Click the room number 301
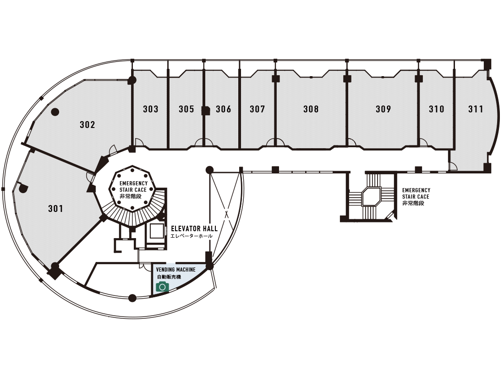[x=55, y=209]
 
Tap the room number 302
[x=87, y=124]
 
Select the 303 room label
[x=151, y=109]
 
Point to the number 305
[x=186, y=109]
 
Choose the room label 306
[x=224, y=109]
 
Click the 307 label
[x=257, y=109]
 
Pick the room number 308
[x=311, y=109]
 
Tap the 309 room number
[x=383, y=109]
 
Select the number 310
[x=437, y=109]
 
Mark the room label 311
[x=476, y=109]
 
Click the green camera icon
[x=162, y=287]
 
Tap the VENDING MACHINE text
[x=176, y=270]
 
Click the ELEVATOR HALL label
[x=194, y=228]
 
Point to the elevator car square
[x=157, y=231]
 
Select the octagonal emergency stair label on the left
[x=133, y=189]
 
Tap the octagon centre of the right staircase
[x=371, y=196]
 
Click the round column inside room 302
[x=55, y=111]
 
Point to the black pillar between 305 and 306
[x=206, y=110]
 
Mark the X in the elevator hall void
[x=226, y=213]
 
